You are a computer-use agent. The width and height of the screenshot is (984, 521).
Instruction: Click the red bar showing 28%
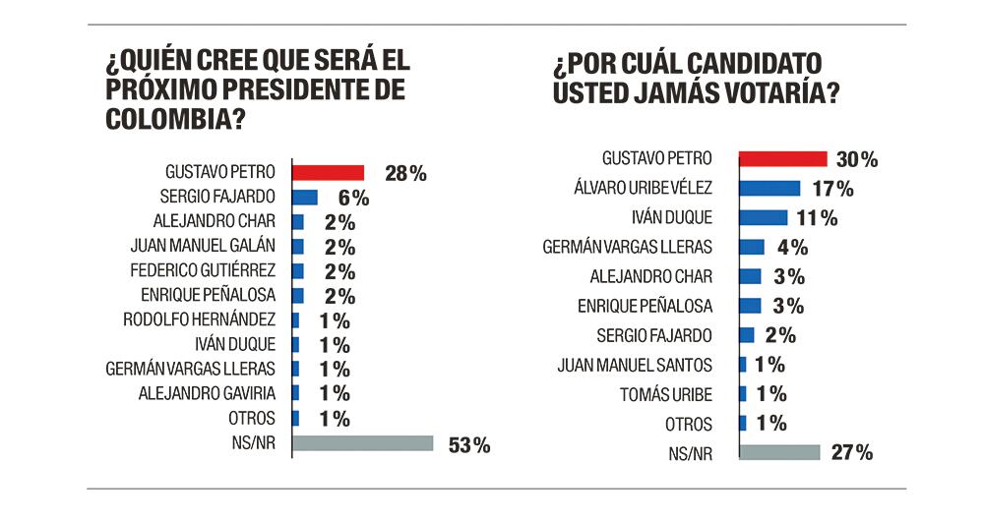[328, 172]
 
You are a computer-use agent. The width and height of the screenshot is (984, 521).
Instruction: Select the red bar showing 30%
[782, 158]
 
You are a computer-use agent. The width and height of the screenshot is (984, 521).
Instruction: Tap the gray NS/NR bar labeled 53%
[362, 443]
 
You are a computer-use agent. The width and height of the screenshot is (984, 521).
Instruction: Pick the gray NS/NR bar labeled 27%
[778, 452]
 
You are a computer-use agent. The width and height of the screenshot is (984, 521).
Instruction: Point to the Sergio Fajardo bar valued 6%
[304, 197]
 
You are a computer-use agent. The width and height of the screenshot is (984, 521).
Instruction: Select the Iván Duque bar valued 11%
[763, 217]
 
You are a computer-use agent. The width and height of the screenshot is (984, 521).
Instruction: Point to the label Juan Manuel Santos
[634, 365]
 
